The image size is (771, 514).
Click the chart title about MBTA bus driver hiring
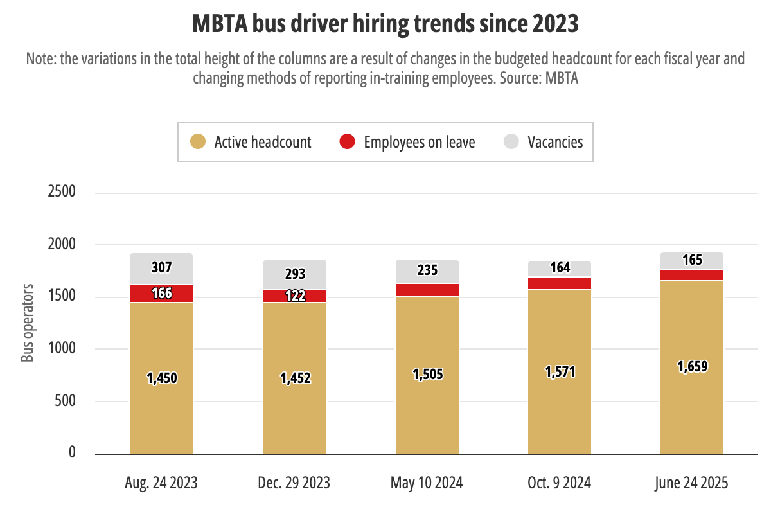coord(385,24)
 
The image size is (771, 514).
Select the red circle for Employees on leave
coord(348,142)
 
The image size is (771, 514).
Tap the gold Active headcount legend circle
coord(198,142)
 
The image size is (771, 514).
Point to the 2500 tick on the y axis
coord(62,192)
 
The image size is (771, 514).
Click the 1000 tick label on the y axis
coord(62,349)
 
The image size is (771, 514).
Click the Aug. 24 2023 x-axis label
coord(161,483)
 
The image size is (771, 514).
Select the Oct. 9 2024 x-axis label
coord(560,483)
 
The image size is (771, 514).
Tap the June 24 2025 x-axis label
coord(692,483)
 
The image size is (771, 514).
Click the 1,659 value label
coord(692,367)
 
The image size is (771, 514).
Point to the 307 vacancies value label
coord(161,268)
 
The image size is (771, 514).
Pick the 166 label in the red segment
coord(161,294)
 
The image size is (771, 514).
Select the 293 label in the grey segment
coord(294,274)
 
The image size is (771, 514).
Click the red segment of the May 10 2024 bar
coord(427,290)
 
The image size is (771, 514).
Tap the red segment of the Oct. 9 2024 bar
coord(560,283)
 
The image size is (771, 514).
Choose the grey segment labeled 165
coord(692,260)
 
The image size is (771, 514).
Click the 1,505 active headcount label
coord(427,375)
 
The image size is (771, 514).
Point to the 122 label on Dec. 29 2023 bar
coord(294,296)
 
